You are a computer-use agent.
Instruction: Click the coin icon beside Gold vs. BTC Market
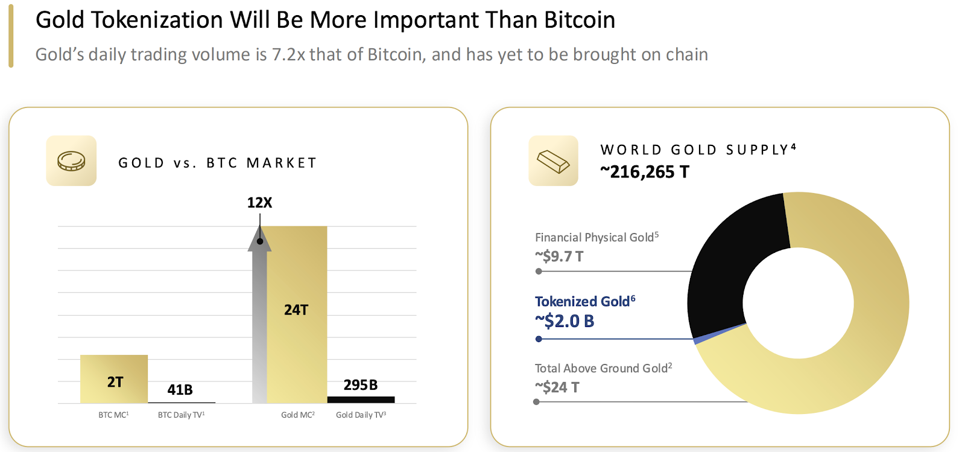point(71,161)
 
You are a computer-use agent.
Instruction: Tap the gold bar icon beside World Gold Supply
point(553,161)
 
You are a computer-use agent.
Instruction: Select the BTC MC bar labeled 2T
point(114,379)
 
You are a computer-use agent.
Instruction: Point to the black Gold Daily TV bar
point(361,399)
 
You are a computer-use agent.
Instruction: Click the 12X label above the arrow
point(259,203)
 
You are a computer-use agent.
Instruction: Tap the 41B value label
point(180,390)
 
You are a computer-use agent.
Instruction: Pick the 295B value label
point(361,385)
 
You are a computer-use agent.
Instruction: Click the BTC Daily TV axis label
point(181,415)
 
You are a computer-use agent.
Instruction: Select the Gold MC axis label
point(297,415)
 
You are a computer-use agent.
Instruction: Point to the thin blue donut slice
point(720,334)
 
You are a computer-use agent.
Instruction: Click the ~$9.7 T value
point(559,256)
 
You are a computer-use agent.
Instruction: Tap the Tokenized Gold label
point(584,301)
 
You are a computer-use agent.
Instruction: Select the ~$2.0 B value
point(565,321)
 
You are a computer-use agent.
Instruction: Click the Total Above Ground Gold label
point(603,368)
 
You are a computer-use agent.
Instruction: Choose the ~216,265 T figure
point(644,172)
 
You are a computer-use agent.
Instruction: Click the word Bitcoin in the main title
point(579,20)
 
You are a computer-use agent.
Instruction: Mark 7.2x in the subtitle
point(288,54)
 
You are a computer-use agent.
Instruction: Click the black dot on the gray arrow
point(260,241)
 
